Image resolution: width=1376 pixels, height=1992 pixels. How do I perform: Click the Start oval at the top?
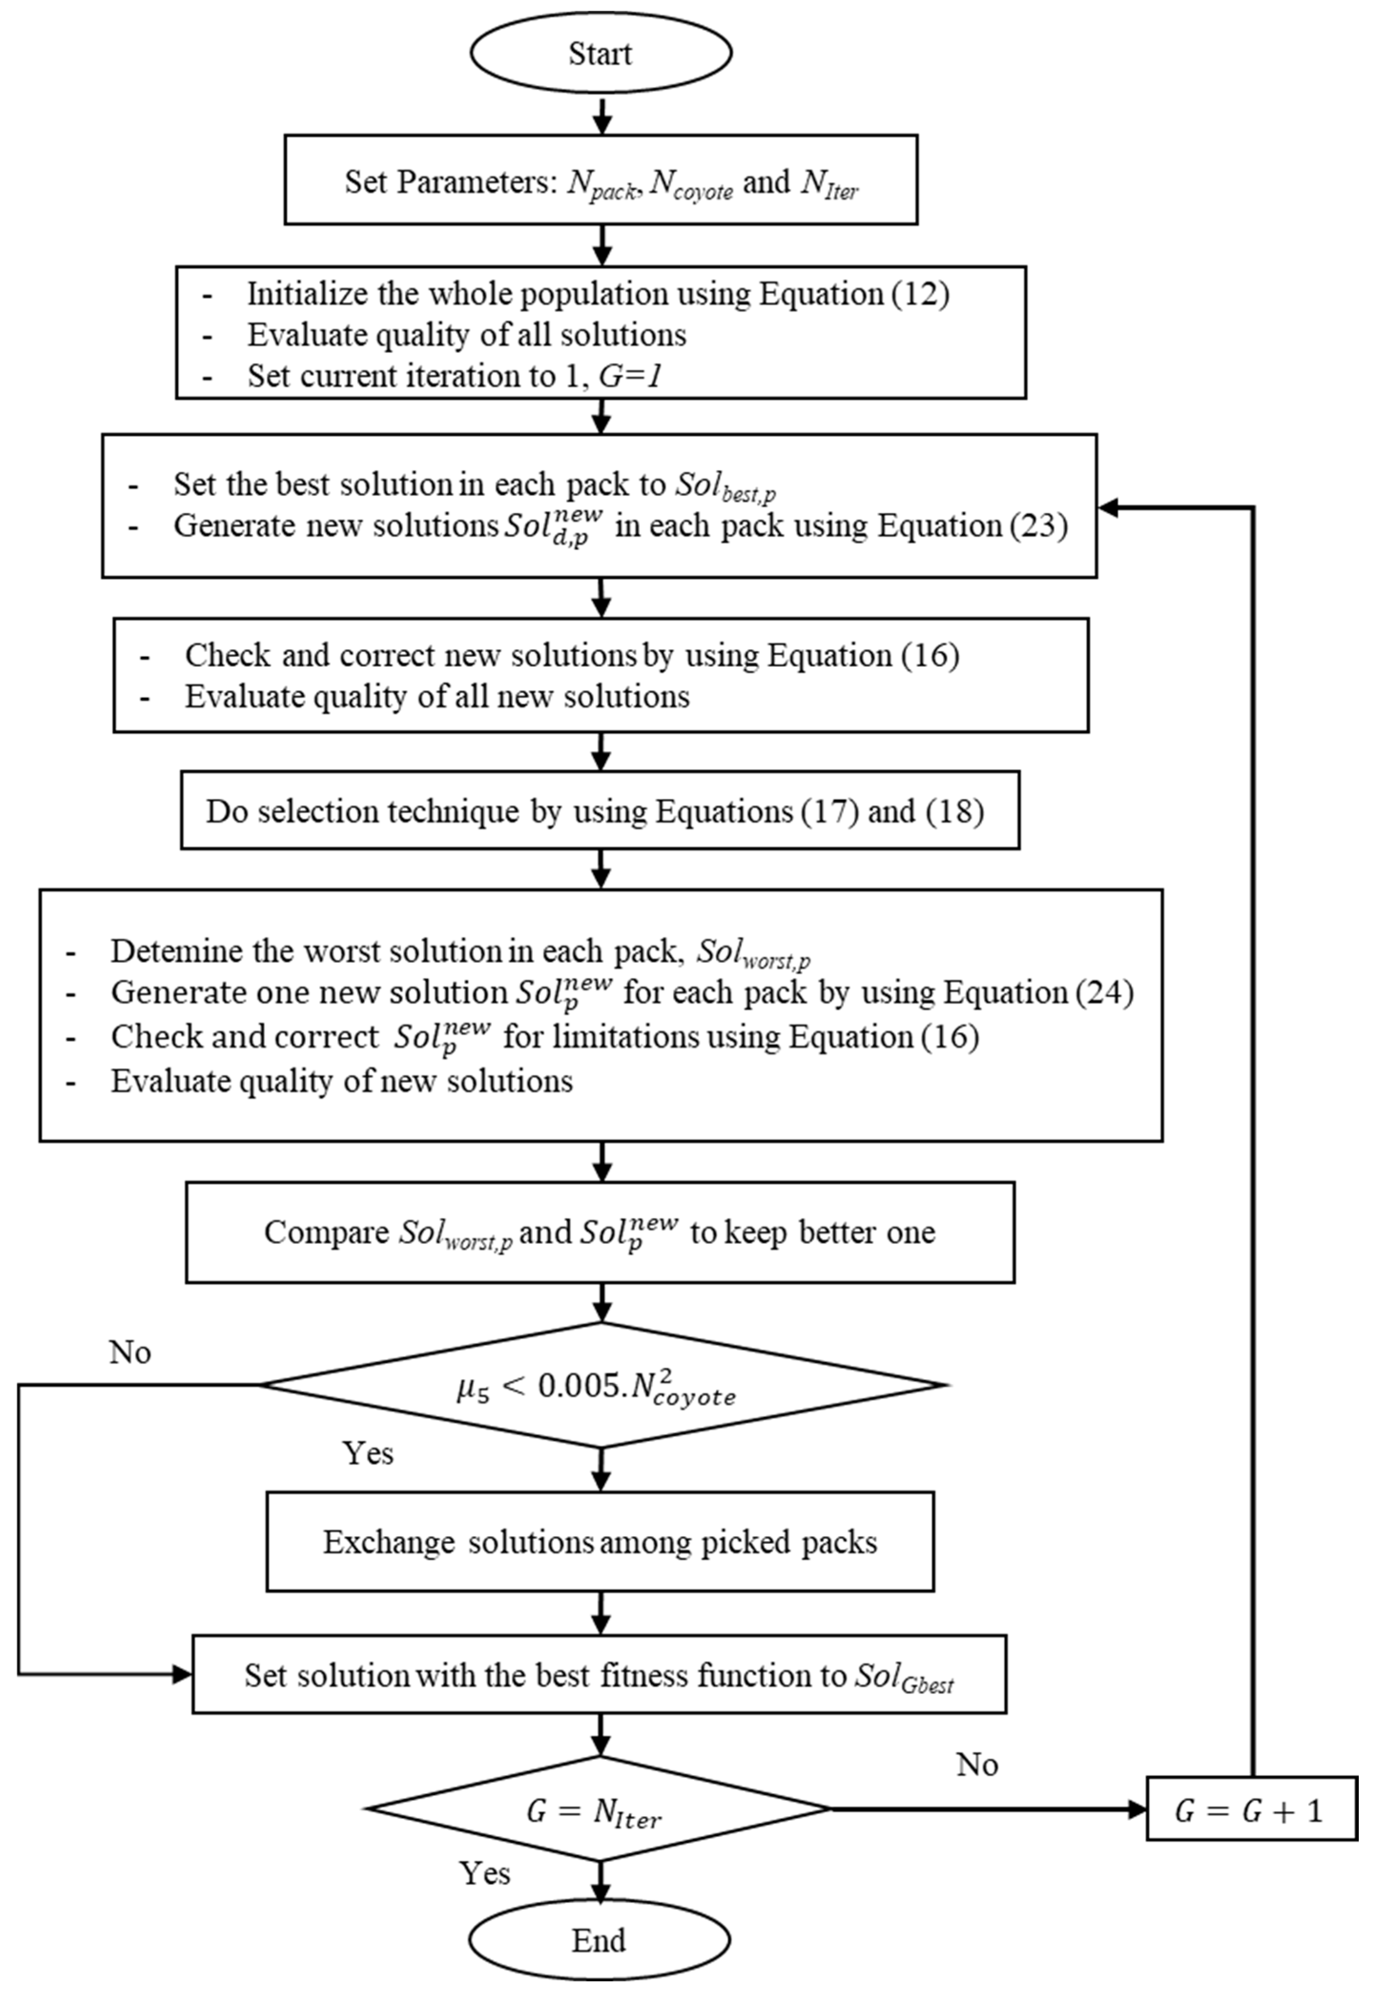click(600, 53)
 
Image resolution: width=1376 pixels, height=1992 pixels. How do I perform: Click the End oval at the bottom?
click(599, 1941)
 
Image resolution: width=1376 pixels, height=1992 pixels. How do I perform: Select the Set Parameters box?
click(600, 180)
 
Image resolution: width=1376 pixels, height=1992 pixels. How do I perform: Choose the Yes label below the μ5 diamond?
click(368, 1453)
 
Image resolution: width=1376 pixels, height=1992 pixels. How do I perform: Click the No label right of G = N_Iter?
click(977, 1765)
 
